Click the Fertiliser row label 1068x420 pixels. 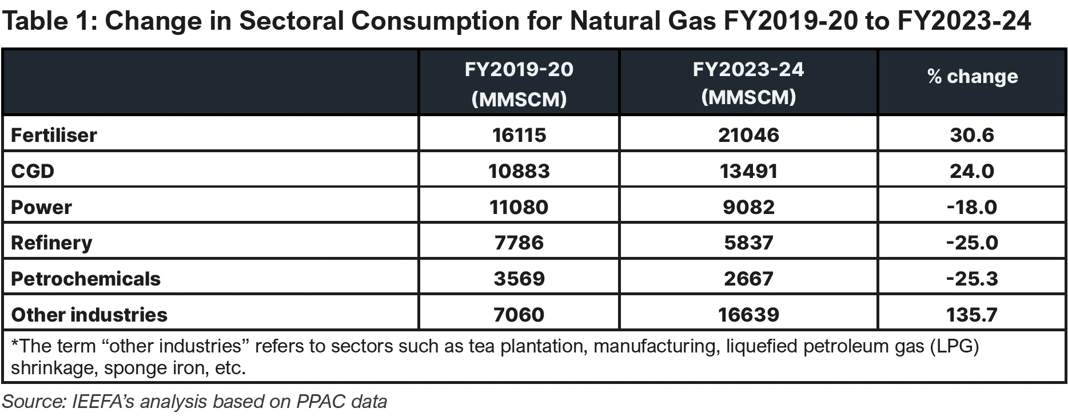coord(54,135)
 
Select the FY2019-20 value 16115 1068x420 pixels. coord(519,135)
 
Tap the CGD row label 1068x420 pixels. coord(33,171)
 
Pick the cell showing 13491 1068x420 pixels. coord(748,171)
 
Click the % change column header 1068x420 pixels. coord(972,77)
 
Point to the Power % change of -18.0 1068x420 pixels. coord(971,207)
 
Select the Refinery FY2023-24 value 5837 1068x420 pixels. coord(748,243)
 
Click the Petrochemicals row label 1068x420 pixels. coord(86,279)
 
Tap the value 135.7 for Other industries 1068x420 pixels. coord(971,315)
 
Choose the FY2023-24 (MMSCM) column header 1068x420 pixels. coord(748,83)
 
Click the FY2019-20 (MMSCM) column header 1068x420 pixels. coord(519,84)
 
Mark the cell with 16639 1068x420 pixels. coord(748,315)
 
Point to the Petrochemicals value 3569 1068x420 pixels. coord(519,279)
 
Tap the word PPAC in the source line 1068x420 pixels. coord(321,402)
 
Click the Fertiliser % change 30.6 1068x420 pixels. coord(971,135)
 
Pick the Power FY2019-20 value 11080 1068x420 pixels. coord(519,207)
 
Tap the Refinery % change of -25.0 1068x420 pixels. coord(971,243)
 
